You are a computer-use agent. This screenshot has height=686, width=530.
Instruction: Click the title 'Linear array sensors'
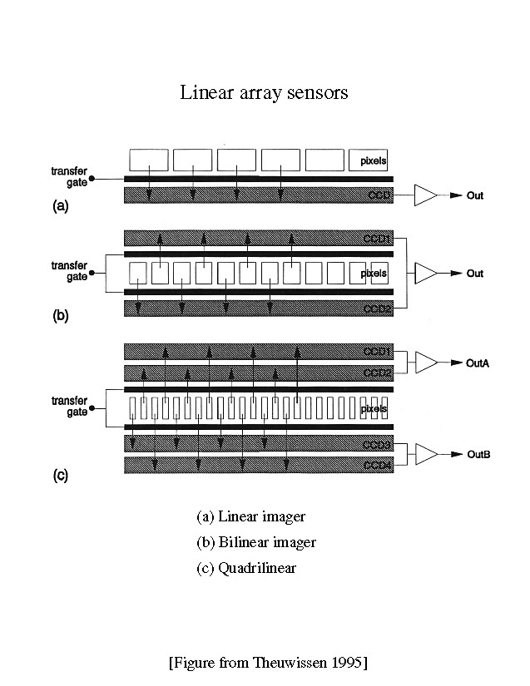pyautogui.click(x=264, y=92)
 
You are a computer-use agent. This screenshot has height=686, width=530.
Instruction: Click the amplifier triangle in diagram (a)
pyautogui.click(x=424, y=195)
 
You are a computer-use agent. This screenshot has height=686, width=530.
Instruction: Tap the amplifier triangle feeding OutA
pyautogui.click(x=424, y=362)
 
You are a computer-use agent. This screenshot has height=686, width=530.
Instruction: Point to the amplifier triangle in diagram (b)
pyautogui.click(x=424, y=273)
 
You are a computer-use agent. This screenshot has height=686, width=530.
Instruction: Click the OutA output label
pyautogui.click(x=479, y=363)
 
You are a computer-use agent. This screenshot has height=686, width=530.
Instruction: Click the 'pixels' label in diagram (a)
pyautogui.click(x=374, y=160)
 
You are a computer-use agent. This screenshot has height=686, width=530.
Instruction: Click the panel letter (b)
pyautogui.click(x=60, y=316)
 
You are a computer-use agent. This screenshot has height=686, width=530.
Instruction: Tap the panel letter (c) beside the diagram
pyautogui.click(x=60, y=476)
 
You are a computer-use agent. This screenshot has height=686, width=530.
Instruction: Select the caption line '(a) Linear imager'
pyautogui.click(x=250, y=517)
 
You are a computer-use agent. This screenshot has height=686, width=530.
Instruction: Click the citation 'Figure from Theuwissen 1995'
pyautogui.click(x=268, y=663)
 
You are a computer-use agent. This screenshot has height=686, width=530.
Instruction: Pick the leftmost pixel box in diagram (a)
pyautogui.click(x=149, y=160)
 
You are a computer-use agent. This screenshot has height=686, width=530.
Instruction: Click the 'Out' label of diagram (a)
pyautogui.click(x=475, y=196)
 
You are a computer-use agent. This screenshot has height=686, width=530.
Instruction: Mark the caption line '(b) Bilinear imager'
pyautogui.click(x=256, y=543)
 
